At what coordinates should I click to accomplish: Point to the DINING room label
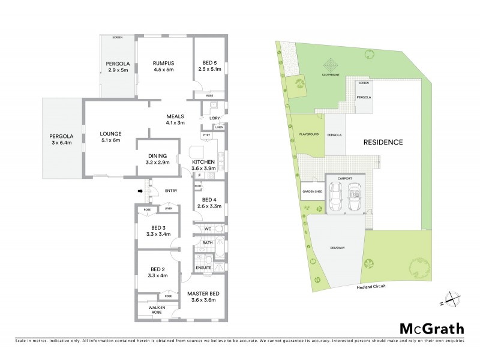point(157,156)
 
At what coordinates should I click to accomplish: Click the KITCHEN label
point(204,162)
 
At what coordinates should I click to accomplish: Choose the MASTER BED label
point(203,293)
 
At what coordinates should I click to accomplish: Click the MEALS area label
point(175,116)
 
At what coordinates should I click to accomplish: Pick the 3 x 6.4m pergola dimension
point(60,143)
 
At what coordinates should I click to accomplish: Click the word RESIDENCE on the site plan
point(383,142)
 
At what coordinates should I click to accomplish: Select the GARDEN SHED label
point(311,193)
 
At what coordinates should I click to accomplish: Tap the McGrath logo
point(431,328)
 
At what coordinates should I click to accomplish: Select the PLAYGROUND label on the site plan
point(308,134)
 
